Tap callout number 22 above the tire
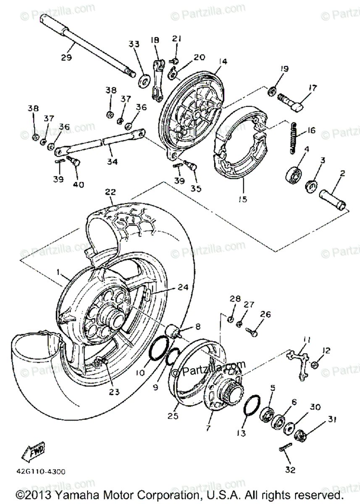pyautogui.click(x=110, y=192)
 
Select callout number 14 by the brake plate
pyautogui.click(x=223, y=62)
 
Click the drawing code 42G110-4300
pyautogui.click(x=42, y=472)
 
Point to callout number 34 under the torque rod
pyautogui.click(x=110, y=161)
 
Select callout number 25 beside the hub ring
pyautogui.click(x=172, y=416)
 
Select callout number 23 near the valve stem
pyautogui.click(x=114, y=391)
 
